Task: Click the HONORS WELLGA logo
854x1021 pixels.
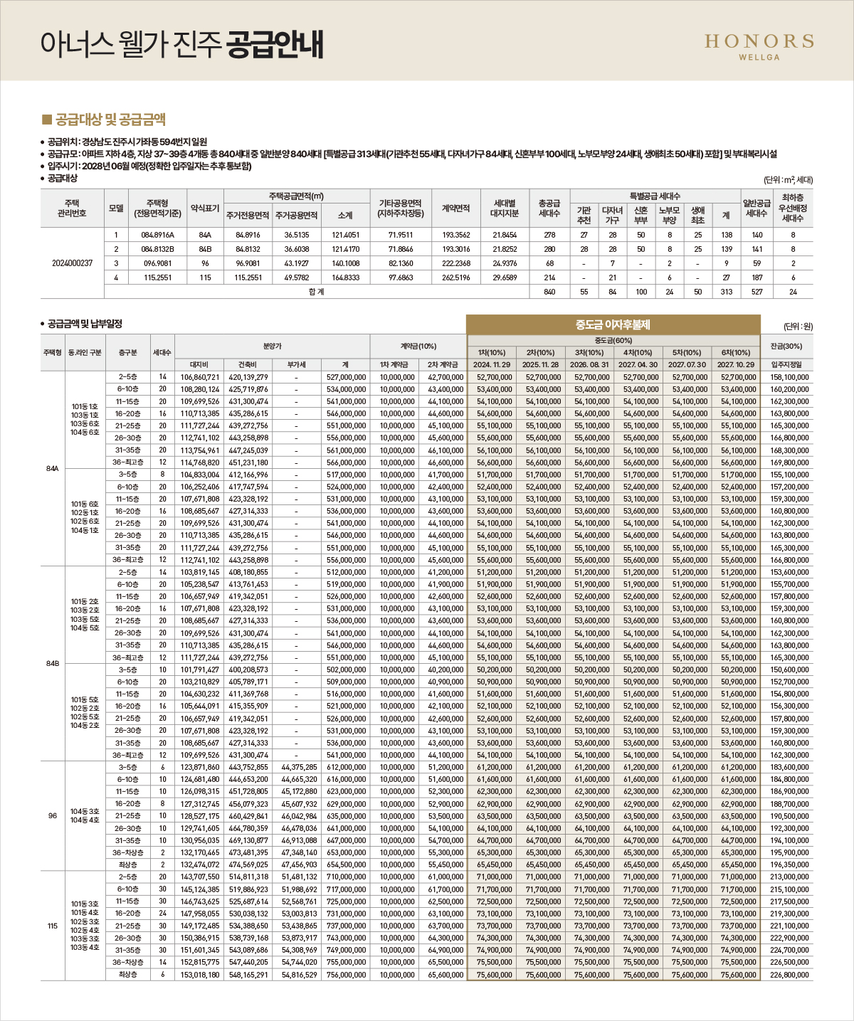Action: tap(759, 46)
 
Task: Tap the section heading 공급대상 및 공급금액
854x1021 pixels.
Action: tap(110, 120)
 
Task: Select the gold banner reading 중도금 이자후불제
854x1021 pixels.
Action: tap(613, 324)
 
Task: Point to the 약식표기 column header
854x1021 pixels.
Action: tap(205, 208)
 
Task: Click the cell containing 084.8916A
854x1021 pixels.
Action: tap(157, 234)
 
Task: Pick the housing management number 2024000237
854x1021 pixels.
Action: tap(73, 263)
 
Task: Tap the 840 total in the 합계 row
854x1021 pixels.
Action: tap(549, 292)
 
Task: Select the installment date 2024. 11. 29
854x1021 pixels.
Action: tap(492, 364)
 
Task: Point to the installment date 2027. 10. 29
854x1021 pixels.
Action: tap(736, 364)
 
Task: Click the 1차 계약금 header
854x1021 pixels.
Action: tap(394, 364)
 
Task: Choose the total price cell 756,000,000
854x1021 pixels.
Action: tap(346, 974)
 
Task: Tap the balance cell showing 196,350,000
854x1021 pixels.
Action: tap(789, 864)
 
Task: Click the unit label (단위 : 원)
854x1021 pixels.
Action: tap(798, 327)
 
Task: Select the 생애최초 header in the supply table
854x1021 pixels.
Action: tap(697, 215)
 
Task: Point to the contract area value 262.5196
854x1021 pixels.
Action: tap(456, 277)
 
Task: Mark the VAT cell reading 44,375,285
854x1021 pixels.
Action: tap(299, 767)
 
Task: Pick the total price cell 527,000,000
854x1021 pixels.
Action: tap(346, 377)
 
